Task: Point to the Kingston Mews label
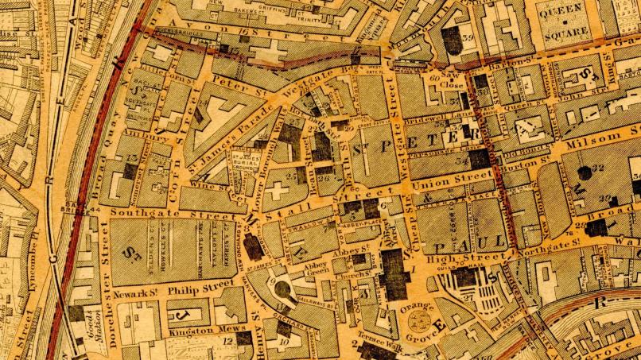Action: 195,328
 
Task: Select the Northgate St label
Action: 548,249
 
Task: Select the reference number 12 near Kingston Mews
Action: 229,340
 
